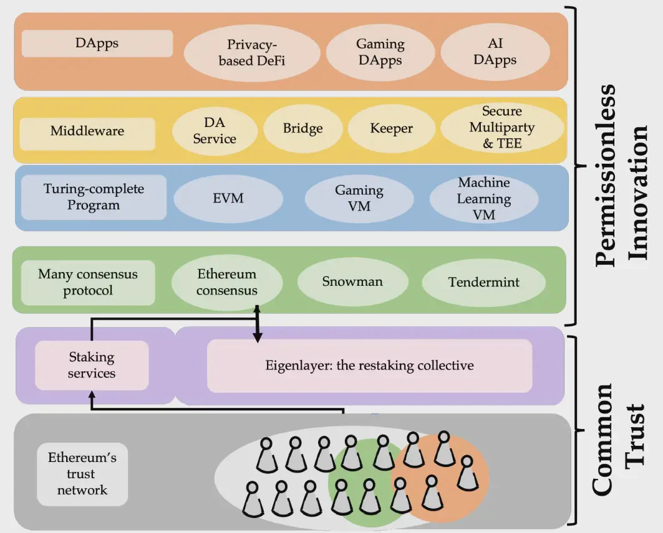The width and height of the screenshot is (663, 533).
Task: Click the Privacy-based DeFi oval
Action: tap(251, 52)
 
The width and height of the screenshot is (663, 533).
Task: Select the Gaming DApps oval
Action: tap(380, 52)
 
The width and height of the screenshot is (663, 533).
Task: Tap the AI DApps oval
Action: tap(495, 52)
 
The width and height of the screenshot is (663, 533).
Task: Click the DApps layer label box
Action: tap(97, 44)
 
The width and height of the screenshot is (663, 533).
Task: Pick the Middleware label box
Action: tap(87, 131)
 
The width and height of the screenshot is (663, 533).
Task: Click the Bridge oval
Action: tap(302, 129)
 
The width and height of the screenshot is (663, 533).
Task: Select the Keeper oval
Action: tap(391, 129)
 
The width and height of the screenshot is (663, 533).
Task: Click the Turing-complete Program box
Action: tap(94, 197)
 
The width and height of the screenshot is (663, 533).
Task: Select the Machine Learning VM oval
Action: tap(484, 199)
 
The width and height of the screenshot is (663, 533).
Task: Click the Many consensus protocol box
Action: tap(88, 282)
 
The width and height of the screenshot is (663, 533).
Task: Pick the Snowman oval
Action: tap(352, 281)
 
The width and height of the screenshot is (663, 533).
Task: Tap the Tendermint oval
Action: tap(483, 282)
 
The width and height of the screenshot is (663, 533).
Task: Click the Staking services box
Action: tap(92, 366)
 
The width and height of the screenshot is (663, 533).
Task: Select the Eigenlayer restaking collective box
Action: tap(369, 366)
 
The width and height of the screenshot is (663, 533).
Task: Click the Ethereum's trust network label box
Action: tap(82, 474)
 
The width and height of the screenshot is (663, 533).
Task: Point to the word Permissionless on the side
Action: tap(605, 174)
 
